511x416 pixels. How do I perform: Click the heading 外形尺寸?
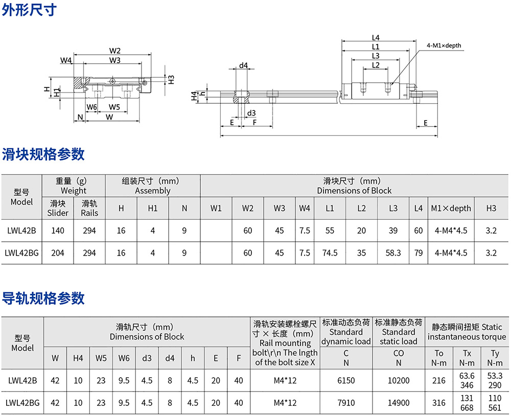29,10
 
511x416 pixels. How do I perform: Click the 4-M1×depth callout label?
444,45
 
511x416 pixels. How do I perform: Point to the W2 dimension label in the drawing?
114,51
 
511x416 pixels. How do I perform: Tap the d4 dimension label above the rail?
243,65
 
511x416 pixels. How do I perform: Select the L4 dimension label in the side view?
376,37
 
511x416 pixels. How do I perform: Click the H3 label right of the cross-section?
171,80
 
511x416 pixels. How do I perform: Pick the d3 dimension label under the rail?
251,113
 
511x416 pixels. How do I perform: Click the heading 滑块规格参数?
43,154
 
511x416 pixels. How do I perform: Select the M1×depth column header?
451,208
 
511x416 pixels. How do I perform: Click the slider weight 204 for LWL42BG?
58,252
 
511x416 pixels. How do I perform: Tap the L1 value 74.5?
330,252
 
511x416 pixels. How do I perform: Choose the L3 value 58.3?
393,252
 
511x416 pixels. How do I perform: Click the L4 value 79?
419,252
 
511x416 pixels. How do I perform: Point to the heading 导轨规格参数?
43,298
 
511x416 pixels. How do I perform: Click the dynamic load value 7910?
346,403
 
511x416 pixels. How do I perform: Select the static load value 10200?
399,380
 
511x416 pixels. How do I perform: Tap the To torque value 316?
438,403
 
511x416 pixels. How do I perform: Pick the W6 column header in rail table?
124,358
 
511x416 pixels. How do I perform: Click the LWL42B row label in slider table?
21,230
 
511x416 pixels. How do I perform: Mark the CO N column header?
399,358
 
